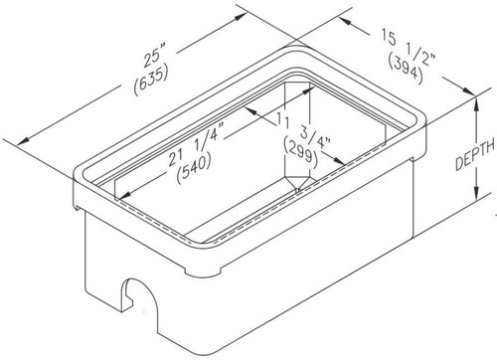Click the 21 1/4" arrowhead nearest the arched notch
[x=120, y=197]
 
